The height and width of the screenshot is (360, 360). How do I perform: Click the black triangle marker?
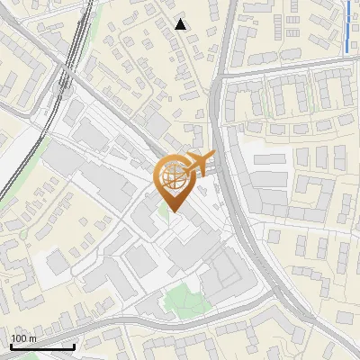[181, 24]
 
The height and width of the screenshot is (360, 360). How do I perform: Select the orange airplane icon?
[199, 164]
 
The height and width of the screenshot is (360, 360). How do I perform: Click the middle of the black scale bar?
[42, 346]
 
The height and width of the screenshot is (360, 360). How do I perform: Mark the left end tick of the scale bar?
[11, 346]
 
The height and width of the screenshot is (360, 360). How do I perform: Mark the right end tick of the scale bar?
[74, 346]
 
